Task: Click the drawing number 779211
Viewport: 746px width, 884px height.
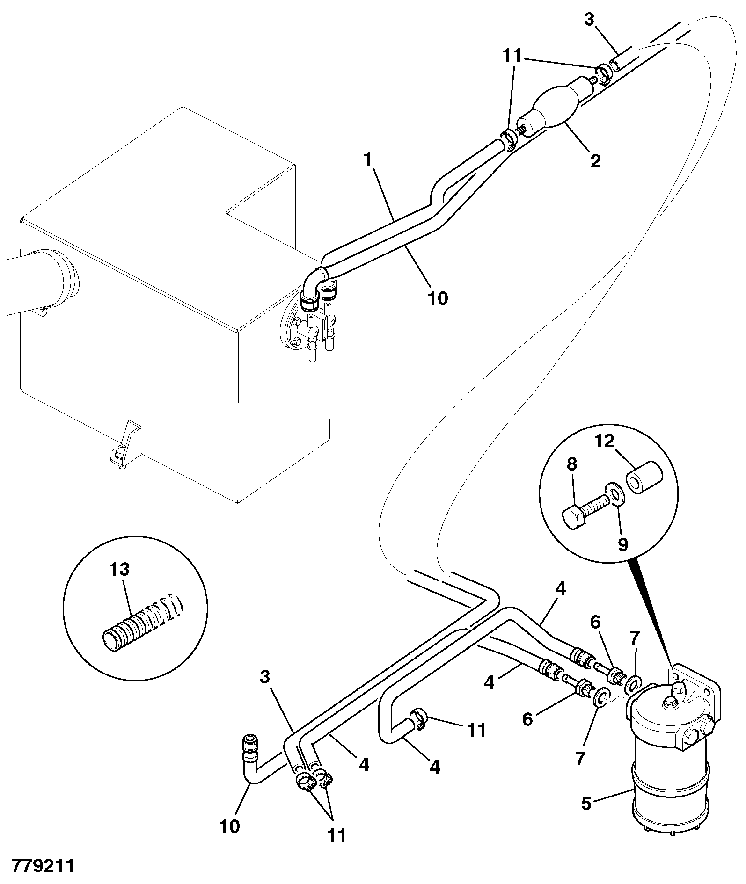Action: (x=43, y=866)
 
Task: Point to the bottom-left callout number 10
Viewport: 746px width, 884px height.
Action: (x=230, y=826)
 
